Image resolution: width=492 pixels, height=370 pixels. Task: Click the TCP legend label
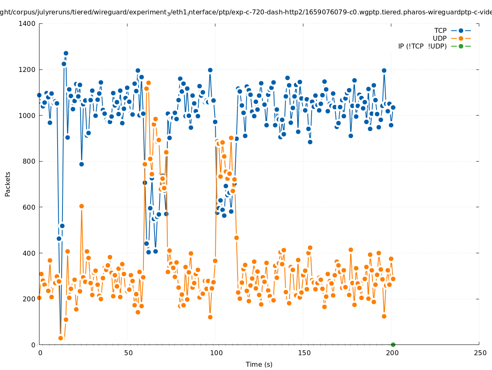[440, 30]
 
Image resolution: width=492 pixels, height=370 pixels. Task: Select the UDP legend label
[439, 38]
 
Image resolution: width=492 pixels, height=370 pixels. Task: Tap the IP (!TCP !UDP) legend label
[422, 46]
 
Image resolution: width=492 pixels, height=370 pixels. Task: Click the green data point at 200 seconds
[393, 345]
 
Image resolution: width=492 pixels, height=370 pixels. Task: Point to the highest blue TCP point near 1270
[66, 53]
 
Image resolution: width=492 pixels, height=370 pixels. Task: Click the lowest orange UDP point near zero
[60, 338]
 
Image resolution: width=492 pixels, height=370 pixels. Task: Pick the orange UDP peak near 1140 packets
[148, 83]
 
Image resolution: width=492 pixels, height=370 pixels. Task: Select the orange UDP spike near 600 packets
[81, 206]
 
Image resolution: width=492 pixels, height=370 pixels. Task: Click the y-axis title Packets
[8, 184]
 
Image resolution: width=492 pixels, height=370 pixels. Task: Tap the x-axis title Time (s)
[259, 364]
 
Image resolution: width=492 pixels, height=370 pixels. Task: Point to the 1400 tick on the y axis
[27, 23]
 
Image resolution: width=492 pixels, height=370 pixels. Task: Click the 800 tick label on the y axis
[29, 161]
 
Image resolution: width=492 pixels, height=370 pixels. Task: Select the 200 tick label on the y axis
[29, 299]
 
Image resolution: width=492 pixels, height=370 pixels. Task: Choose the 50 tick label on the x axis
[128, 353]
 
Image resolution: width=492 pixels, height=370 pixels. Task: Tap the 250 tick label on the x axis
[479, 353]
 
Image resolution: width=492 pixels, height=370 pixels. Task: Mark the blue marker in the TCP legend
[461, 30]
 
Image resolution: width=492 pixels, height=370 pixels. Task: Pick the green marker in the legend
[461, 46]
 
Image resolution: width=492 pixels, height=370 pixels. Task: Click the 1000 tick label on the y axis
[27, 116]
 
